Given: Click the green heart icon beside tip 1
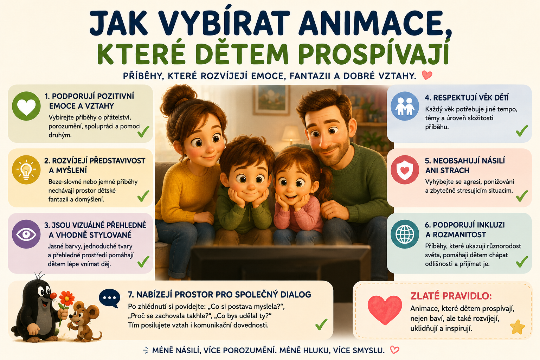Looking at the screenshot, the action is pyautogui.click(x=26, y=106).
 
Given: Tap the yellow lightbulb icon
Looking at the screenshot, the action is pyautogui.click(x=26, y=170).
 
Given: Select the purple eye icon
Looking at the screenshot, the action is pyautogui.click(x=26, y=234).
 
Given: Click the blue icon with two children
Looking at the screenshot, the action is pyautogui.click(x=405, y=106).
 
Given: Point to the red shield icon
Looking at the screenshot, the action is pyautogui.click(x=405, y=170).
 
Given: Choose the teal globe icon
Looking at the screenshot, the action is pyautogui.click(x=405, y=234).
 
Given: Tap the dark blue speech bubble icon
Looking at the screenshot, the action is pyautogui.click(x=109, y=298).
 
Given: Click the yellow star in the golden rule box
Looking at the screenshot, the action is pyautogui.click(x=517, y=327).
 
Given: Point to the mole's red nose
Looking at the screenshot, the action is pyautogui.click(x=53, y=296).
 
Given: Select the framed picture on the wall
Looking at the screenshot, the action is pyautogui.click(x=271, y=100).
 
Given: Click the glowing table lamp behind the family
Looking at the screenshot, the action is pyautogui.click(x=291, y=135).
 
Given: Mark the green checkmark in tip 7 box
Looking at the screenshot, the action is pyautogui.click(x=321, y=324).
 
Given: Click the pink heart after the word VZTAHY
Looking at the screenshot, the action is pyautogui.click(x=427, y=75).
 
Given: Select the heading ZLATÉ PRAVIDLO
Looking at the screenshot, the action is pyautogui.click(x=451, y=296).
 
